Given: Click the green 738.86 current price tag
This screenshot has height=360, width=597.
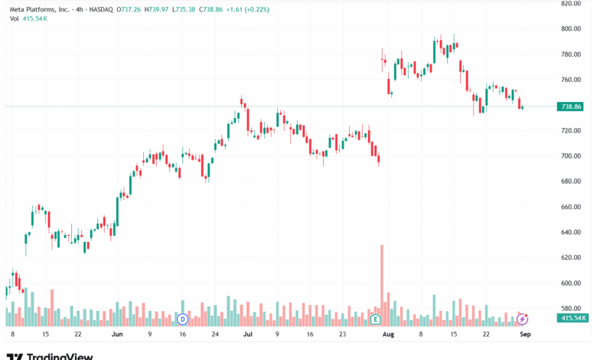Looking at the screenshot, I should pyautogui.click(x=572, y=107).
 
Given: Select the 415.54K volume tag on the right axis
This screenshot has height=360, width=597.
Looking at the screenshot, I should pyautogui.click(x=573, y=318).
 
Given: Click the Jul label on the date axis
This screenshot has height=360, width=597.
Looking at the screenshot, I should pyautogui.click(x=247, y=335).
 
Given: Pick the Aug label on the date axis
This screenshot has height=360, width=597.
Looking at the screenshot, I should pyautogui.click(x=387, y=335).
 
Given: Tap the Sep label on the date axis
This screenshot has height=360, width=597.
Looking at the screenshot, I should pyautogui.click(x=525, y=335).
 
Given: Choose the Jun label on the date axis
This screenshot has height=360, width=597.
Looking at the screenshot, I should pyautogui.click(x=117, y=335).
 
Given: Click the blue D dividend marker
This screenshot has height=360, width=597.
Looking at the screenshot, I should pyautogui.click(x=182, y=319).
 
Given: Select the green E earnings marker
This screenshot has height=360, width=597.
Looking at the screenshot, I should pyautogui.click(x=375, y=319).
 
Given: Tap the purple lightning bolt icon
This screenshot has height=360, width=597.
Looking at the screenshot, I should pyautogui.click(x=523, y=318).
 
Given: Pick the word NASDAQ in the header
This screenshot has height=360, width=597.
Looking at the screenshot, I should pyautogui.click(x=99, y=8).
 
